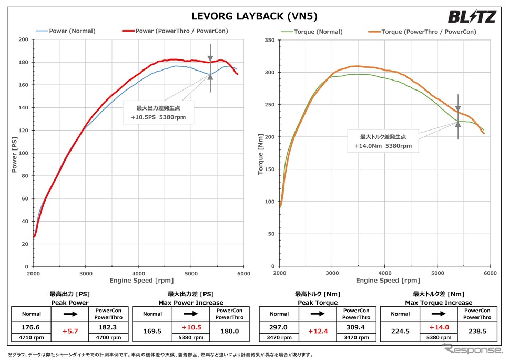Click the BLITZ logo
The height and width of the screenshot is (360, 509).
(472, 17)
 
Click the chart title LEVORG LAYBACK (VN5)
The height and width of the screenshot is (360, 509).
(254, 16)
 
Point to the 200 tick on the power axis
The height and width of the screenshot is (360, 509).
(23, 39)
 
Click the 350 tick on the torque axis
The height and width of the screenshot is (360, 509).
(269, 39)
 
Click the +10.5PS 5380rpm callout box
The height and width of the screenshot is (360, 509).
(158, 112)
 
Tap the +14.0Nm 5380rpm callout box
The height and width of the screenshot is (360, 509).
(383, 141)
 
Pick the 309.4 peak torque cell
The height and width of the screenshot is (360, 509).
(357, 327)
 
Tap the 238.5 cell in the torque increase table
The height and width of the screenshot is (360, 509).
(477, 331)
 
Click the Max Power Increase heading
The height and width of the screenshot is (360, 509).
(191, 303)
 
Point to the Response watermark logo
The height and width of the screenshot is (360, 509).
(472, 348)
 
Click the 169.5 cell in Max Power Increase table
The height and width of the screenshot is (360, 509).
(152, 331)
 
